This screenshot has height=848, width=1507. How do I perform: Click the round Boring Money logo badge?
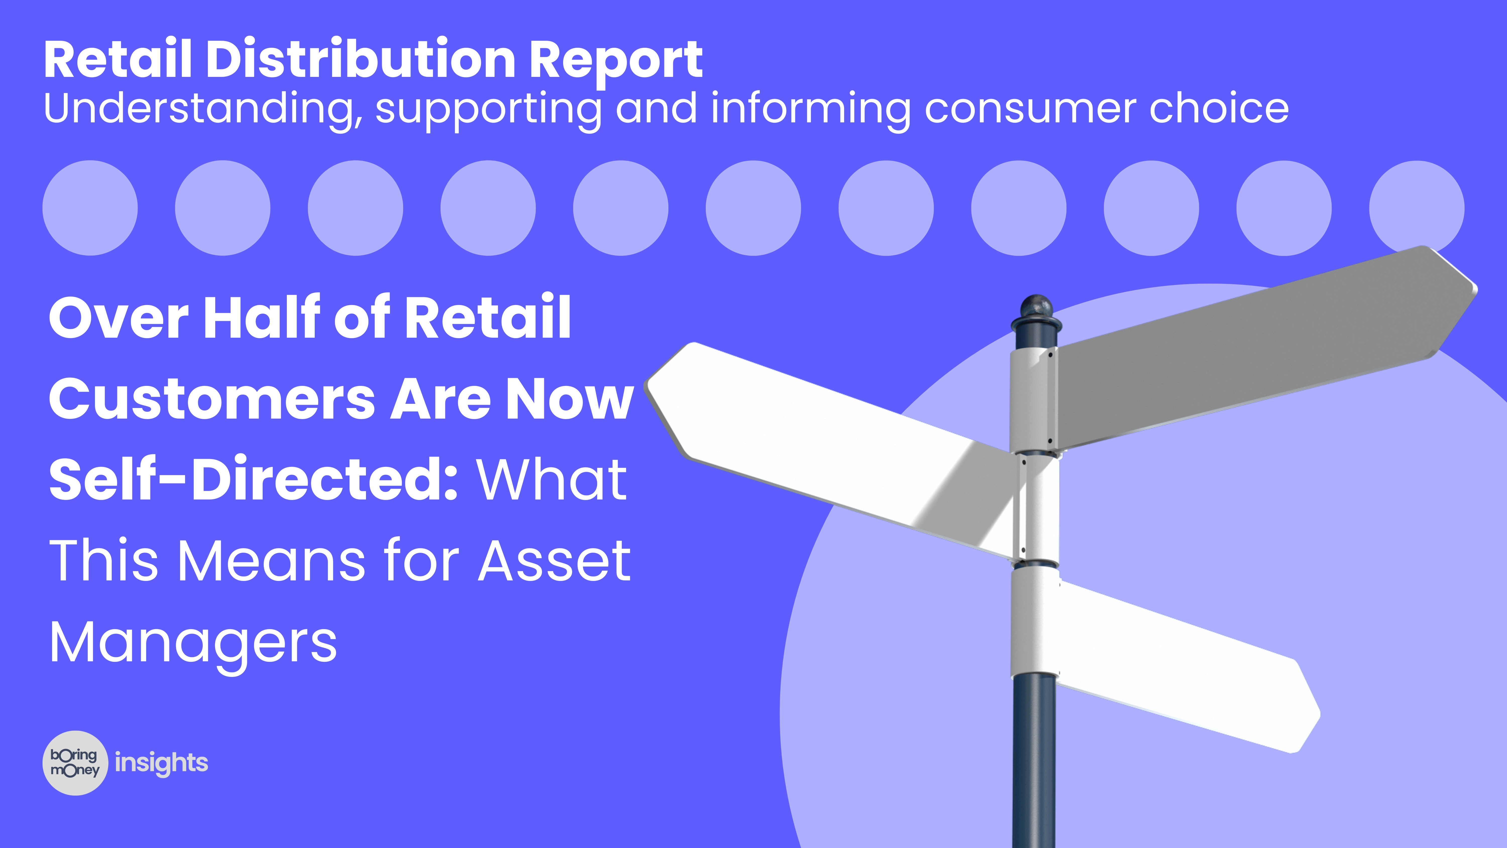(x=75, y=763)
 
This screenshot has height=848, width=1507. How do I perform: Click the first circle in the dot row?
(x=90, y=208)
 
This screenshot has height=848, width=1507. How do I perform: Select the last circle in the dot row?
(x=1416, y=208)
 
